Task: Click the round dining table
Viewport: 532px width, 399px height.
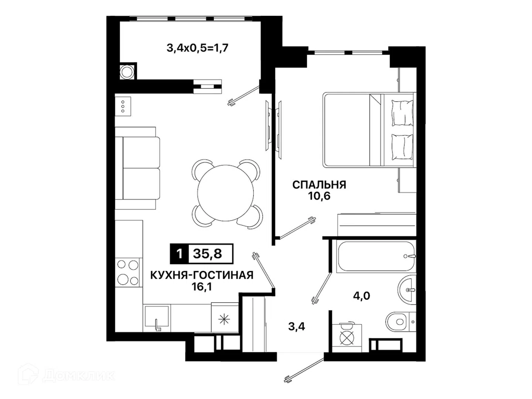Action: (225, 193)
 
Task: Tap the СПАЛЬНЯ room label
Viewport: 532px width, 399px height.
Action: (319, 185)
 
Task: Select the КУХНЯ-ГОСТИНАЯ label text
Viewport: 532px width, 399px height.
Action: (202, 276)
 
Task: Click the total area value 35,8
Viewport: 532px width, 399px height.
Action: (208, 254)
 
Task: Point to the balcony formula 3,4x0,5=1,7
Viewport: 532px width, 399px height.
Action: (197, 48)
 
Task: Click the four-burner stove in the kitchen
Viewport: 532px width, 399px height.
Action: (127, 273)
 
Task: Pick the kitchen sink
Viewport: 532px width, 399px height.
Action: (157, 317)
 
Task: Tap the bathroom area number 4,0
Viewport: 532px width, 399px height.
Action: (361, 296)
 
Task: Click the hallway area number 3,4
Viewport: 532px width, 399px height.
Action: (296, 327)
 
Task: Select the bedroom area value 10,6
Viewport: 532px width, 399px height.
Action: (319, 196)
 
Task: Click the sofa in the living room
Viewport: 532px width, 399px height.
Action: (137, 168)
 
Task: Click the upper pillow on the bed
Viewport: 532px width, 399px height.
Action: (402, 113)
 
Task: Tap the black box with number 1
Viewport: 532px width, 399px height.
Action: (179, 254)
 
